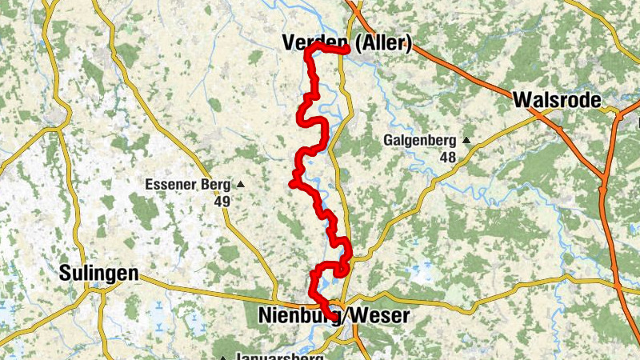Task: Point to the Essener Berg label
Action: (188, 185)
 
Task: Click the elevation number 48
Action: (446, 158)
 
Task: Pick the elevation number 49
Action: (222, 202)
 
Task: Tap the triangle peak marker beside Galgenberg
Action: (467, 142)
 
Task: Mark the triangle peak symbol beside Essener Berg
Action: (240, 185)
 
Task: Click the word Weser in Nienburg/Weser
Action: (381, 316)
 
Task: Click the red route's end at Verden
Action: (346, 51)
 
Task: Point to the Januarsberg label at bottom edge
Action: (279, 356)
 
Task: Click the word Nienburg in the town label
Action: (298, 316)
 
